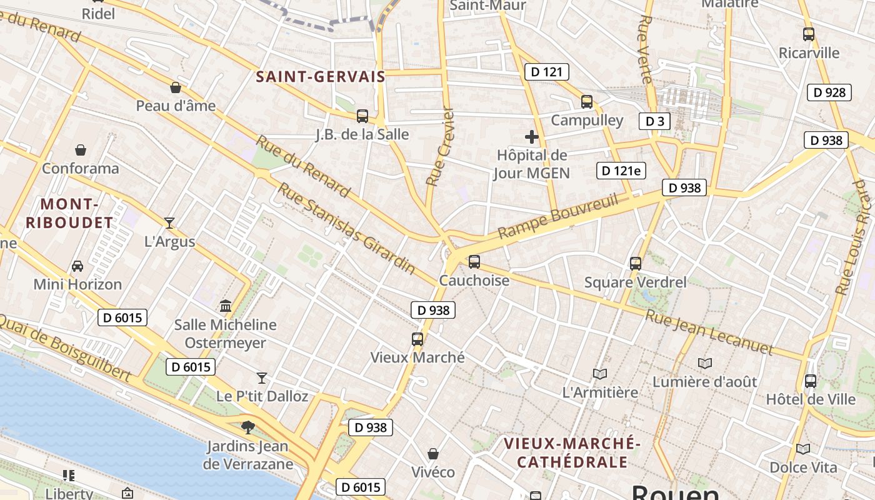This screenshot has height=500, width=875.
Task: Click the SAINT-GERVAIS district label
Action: (320, 77)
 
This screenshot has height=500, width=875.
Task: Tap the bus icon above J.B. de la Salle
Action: (362, 116)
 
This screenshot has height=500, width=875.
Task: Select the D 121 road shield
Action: (546, 72)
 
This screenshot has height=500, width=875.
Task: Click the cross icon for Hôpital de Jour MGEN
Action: (532, 136)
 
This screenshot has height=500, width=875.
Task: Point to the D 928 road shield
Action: (829, 92)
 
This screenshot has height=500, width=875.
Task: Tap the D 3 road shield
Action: (654, 121)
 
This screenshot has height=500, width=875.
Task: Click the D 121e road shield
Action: (621, 171)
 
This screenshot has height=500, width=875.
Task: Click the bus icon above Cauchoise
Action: (474, 262)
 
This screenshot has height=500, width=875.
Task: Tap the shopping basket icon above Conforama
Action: (81, 150)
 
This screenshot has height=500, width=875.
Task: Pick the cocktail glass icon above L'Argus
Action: (169, 223)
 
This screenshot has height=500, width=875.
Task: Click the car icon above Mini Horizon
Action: (77, 266)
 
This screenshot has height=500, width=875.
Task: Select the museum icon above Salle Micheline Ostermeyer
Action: (226, 306)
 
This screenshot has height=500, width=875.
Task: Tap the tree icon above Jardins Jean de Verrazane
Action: (248, 427)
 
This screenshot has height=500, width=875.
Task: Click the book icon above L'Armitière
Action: (600, 374)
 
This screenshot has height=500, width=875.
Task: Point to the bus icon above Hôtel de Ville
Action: (811, 381)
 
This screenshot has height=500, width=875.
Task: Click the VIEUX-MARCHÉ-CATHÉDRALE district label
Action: (572, 452)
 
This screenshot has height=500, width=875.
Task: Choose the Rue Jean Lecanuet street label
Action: (709, 332)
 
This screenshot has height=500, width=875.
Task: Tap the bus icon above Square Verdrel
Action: (636, 264)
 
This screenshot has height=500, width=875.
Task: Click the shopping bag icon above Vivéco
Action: (433, 454)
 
